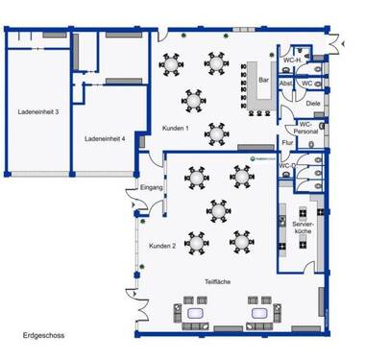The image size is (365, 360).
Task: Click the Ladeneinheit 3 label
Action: [38, 112]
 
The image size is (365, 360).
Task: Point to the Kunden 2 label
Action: [161, 247]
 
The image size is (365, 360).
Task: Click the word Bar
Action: [262, 81]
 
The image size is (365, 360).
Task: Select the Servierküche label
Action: [302, 227]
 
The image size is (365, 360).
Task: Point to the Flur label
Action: [286, 142]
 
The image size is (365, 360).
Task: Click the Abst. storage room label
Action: [285, 84]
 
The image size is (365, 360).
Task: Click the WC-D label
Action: [287, 166]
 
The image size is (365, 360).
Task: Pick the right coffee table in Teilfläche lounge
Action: [257, 312]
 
